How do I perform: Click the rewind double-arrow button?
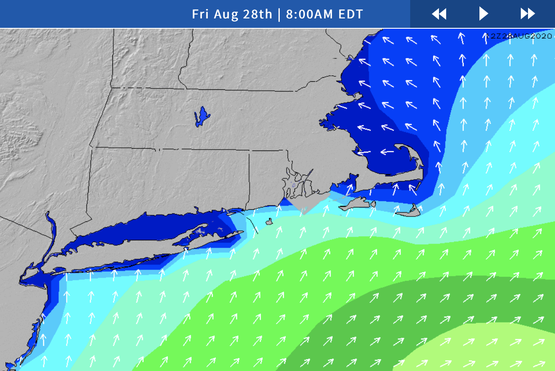[439, 14]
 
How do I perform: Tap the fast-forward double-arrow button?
[528, 14]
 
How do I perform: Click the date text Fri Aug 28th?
[232, 14]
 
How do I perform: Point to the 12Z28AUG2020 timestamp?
[519, 36]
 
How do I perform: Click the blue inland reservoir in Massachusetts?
[202, 117]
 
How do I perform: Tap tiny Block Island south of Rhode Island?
[269, 221]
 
